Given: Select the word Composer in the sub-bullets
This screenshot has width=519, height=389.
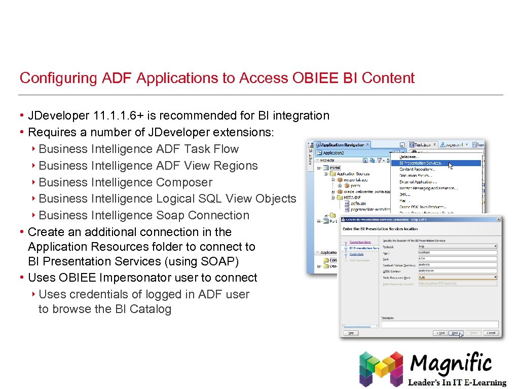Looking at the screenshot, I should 184,182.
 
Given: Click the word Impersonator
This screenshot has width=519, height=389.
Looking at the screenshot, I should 135,278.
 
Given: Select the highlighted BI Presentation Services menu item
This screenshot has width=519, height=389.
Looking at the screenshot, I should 420,163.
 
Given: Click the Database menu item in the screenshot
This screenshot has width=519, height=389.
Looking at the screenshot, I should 410,157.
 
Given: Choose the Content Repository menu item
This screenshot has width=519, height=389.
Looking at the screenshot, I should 417,169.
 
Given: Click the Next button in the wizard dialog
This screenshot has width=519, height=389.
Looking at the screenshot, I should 455,333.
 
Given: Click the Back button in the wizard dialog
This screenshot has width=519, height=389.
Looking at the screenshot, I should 439,333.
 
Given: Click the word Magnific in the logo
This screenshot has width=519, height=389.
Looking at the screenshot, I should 451,364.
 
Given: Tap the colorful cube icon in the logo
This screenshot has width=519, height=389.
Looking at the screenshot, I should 381,368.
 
